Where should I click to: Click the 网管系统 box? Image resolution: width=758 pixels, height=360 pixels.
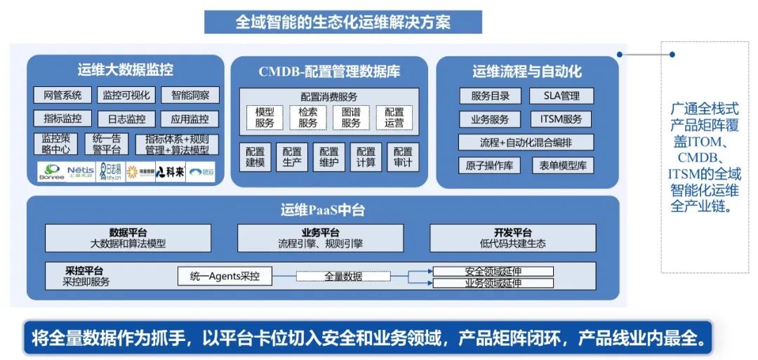click(62, 95)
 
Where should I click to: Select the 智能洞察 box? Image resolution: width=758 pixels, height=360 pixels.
click(190, 95)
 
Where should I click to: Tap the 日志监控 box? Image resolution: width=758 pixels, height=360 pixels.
click(126, 119)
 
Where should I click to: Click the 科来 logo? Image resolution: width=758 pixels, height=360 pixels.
click(170, 171)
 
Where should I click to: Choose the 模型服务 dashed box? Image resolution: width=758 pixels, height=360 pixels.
click(265, 117)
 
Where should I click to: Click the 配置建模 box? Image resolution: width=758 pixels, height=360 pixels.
click(255, 157)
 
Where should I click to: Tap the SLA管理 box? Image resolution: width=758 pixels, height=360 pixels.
click(561, 95)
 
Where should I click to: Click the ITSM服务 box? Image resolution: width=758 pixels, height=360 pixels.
click(561, 119)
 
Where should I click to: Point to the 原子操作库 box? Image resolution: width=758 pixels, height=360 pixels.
click(490, 166)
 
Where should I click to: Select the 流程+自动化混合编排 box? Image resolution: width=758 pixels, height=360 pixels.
click(526, 142)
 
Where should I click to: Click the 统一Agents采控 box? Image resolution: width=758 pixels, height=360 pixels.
click(225, 276)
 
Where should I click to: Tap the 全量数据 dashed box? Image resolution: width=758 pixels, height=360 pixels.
click(343, 276)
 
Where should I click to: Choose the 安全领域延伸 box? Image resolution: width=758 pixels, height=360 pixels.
click(493, 271)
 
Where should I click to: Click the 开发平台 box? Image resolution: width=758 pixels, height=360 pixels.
click(512, 238)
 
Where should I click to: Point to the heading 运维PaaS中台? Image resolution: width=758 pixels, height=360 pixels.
click(323, 209)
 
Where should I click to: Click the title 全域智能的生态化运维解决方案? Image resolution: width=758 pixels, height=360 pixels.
click(343, 22)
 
